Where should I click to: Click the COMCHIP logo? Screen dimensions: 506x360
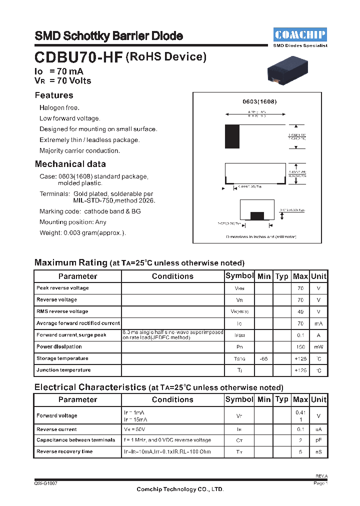tap(300, 34)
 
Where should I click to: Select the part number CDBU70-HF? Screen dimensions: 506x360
tap(78, 57)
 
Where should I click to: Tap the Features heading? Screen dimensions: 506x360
tap(54, 95)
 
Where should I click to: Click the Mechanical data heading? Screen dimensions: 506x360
tap(70, 164)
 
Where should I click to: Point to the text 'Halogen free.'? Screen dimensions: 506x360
tap(59, 108)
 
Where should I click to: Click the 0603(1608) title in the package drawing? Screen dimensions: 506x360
tap(260, 101)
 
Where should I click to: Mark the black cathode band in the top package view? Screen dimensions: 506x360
tap(232, 136)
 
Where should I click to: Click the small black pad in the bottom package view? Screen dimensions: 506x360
tap(257, 215)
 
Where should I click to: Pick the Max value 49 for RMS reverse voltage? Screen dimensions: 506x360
tap(300, 311)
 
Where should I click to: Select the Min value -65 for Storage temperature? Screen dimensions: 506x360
tap(263, 358)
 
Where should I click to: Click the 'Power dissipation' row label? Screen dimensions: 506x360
tap(59, 346)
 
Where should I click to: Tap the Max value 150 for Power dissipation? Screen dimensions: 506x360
tap(300, 347)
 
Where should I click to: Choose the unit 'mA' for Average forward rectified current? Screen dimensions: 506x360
tap(318, 323)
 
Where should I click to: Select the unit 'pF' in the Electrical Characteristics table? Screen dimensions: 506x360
tap(318, 440)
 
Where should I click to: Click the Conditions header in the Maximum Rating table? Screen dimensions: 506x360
tap(172, 276)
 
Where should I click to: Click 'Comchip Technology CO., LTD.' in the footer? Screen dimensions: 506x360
tap(180, 489)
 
